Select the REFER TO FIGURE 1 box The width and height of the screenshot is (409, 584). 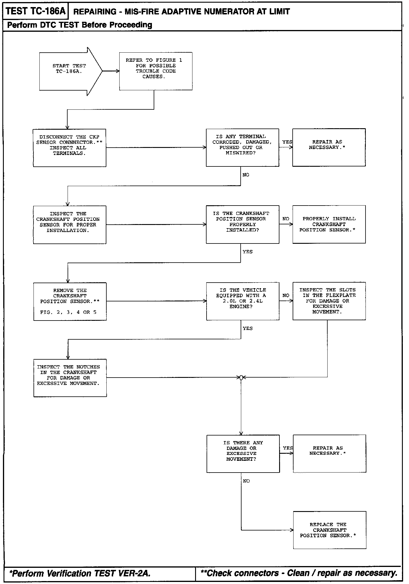[156, 71]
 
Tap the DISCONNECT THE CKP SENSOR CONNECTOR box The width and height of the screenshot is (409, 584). [69, 148]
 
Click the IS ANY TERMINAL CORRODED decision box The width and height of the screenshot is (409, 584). [242, 147]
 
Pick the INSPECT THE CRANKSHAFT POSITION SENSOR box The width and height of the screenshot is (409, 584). [69, 225]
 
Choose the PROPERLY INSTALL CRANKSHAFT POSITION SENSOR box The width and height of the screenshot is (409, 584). [329, 224]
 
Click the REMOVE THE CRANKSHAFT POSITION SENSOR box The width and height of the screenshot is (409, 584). [70, 301]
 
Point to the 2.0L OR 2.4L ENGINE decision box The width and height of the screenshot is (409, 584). [242, 301]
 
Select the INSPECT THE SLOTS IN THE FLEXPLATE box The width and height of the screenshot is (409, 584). [329, 301]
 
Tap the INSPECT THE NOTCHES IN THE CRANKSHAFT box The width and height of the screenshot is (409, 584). [70, 378]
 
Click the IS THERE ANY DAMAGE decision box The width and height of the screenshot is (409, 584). [243, 454]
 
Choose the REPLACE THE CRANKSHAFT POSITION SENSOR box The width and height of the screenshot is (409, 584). [329, 530]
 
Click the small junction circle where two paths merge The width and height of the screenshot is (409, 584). [241, 378]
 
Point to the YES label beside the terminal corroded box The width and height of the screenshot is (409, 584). [287, 142]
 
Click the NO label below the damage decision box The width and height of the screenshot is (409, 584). [246, 481]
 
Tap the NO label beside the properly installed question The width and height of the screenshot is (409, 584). [286, 219]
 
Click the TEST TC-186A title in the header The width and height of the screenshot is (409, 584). [35, 11]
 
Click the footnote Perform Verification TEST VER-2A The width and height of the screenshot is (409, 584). [80, 573]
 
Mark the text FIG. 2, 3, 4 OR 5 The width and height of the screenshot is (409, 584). [68, 312]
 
